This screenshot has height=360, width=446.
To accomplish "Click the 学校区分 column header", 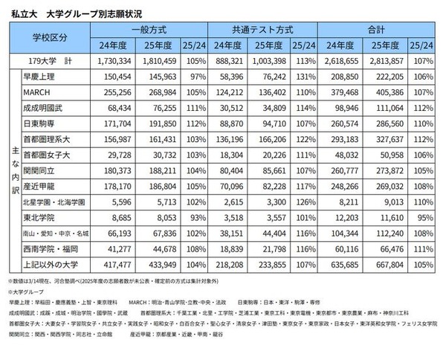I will [x=50, y=37].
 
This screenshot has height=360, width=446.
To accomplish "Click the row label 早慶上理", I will [x=44, y=77].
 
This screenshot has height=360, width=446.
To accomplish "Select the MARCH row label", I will [x=39, y=92].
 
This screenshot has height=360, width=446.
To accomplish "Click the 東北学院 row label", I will [x=44, y=217].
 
